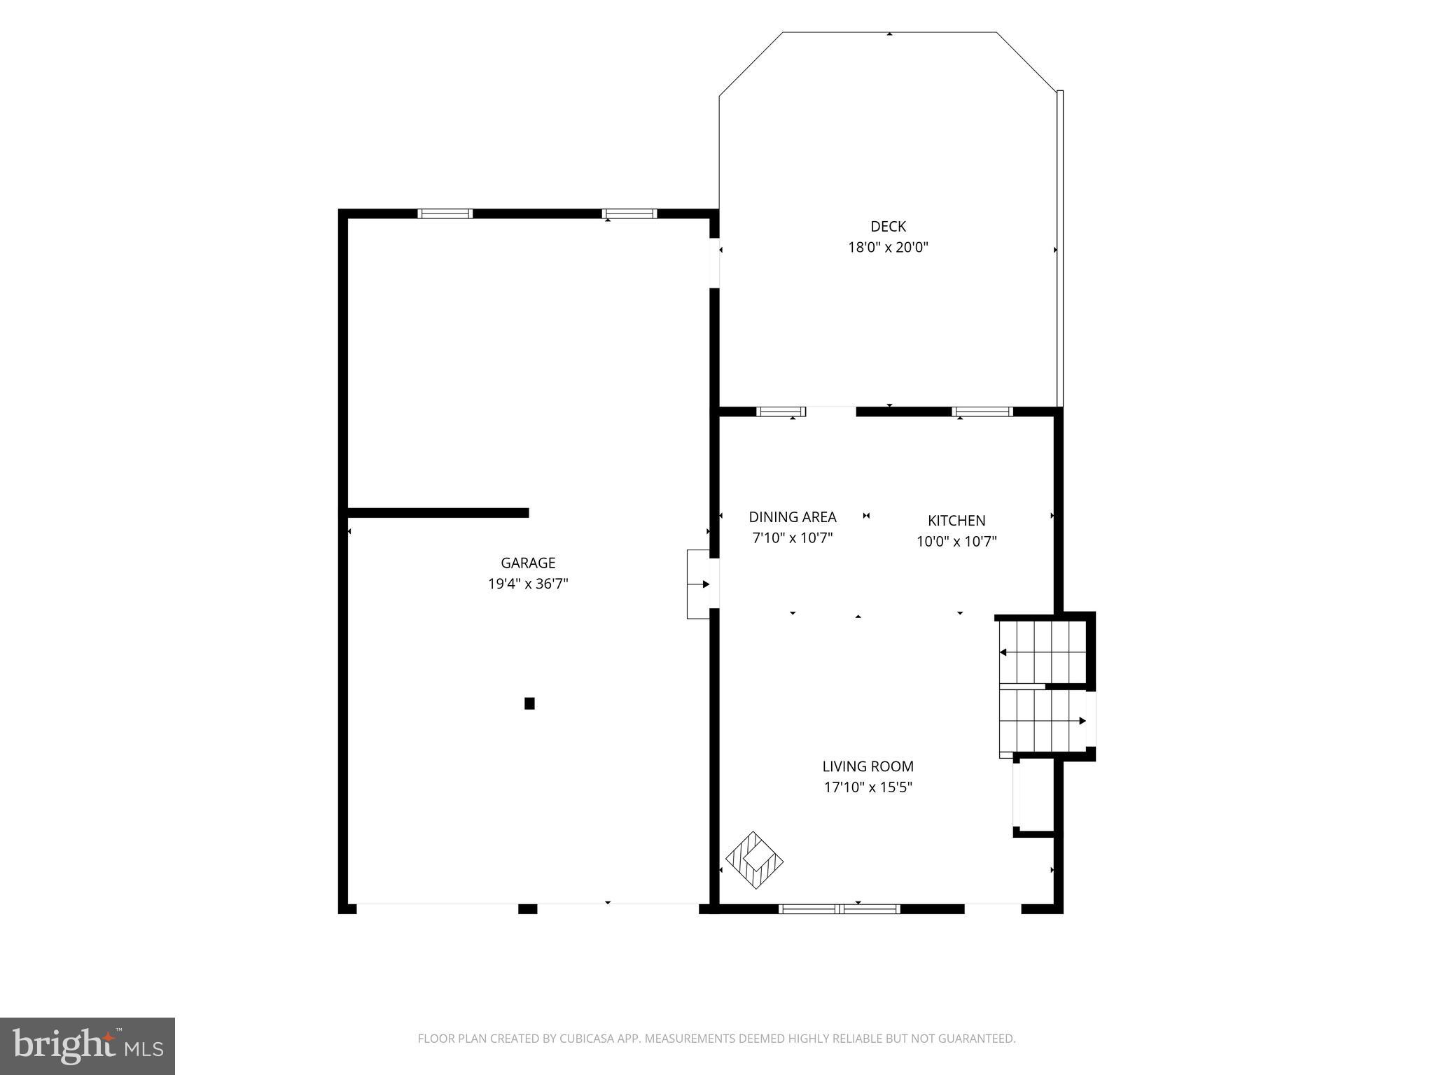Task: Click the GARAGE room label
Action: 528,563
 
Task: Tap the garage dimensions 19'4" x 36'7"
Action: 528,584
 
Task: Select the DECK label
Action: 888,226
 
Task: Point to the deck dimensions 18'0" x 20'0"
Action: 888,247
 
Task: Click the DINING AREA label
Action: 793,517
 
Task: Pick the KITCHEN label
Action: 956,521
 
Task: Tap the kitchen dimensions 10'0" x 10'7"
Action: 956,542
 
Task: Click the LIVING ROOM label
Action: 868,766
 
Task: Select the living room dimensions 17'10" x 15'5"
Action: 868,787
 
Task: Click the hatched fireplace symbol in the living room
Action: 754,860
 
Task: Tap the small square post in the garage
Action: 529,703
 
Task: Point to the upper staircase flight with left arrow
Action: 1041,652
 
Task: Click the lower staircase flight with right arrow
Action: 1043,721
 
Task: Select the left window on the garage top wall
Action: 445,213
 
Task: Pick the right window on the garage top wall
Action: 629,213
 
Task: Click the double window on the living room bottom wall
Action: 840,909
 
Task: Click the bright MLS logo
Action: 88,1046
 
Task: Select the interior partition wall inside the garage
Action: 438,513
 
